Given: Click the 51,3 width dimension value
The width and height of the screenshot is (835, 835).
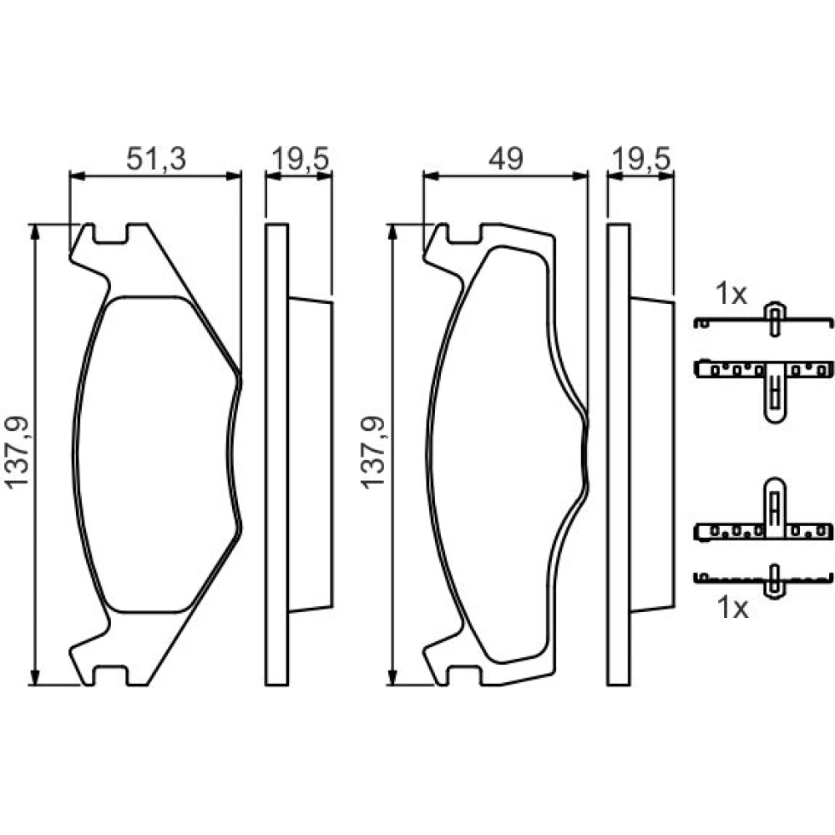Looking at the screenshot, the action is (156, 159).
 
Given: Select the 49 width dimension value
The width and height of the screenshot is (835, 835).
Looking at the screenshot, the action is (506, 159).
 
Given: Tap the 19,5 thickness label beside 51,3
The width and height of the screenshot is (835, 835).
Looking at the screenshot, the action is (301, 159).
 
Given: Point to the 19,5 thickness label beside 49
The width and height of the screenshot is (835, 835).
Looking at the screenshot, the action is (641, 159).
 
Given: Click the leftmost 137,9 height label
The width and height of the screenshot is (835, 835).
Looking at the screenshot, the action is (18, 452).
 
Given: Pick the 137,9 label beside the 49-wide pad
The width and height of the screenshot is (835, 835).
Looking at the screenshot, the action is (373, 452).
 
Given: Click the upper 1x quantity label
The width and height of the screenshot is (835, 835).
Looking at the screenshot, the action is (731, 294).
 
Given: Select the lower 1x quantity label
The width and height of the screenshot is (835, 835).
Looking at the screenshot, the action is (733, 608).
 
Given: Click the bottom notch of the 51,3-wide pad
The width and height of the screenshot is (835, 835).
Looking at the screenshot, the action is (110, 675).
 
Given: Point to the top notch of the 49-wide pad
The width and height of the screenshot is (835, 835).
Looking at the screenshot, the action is (464, 234).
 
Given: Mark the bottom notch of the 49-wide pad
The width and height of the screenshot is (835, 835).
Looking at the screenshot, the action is (464, 675).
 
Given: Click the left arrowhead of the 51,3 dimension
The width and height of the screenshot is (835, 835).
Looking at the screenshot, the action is (78, 175).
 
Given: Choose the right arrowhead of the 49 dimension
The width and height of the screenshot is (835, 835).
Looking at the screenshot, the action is (580, 175).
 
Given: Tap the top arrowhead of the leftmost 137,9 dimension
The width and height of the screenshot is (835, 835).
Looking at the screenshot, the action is (35, 233).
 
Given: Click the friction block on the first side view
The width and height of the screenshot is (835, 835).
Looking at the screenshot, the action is (311, 455).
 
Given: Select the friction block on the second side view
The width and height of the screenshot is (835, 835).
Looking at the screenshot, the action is (652, 455).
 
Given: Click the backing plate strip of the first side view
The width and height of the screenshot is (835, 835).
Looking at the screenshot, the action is (276, 454).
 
